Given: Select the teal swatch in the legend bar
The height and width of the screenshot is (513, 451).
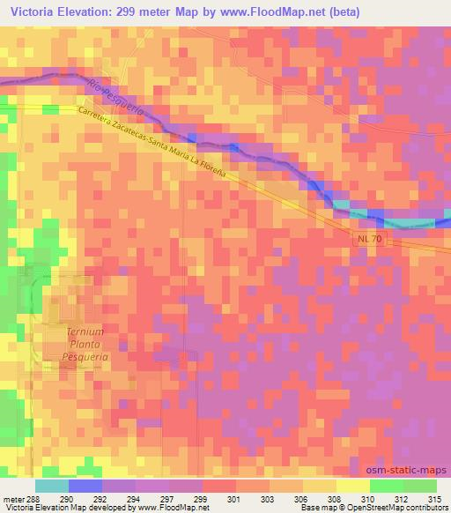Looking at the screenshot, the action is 52,485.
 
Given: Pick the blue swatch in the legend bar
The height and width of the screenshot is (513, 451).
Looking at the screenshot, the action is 85,485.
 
